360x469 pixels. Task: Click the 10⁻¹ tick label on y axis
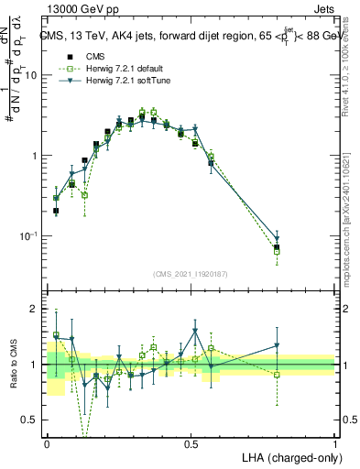[27, 236]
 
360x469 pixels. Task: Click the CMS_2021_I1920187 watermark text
[191, 274]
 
